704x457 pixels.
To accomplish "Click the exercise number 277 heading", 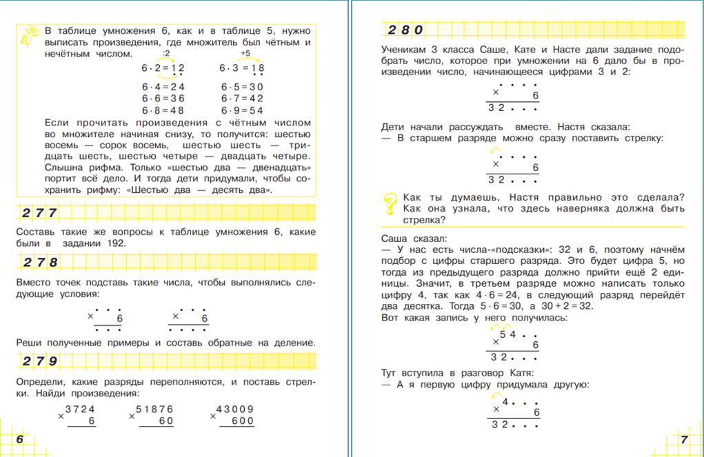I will [x=39, y=213].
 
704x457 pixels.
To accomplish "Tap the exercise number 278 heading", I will [x=39, y=263].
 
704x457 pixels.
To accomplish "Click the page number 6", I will [x=20, y=440].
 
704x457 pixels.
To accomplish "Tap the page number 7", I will [x=683, y=440].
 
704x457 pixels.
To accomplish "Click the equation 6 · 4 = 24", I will [x=163, y=87].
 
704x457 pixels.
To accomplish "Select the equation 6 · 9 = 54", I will [x=242, y=110].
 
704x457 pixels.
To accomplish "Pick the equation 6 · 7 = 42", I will [x=242, y=99].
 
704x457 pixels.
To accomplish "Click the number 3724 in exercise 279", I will [x=80, y=409].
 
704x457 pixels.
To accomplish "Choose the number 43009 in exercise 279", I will [x=235, y=409].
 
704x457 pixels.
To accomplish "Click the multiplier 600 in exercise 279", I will [x=242, y=421].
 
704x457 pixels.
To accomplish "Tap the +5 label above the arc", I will [x=245, y=53].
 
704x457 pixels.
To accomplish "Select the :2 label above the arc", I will [x=165, y=53].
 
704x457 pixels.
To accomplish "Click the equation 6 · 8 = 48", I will [x=163, y=110].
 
